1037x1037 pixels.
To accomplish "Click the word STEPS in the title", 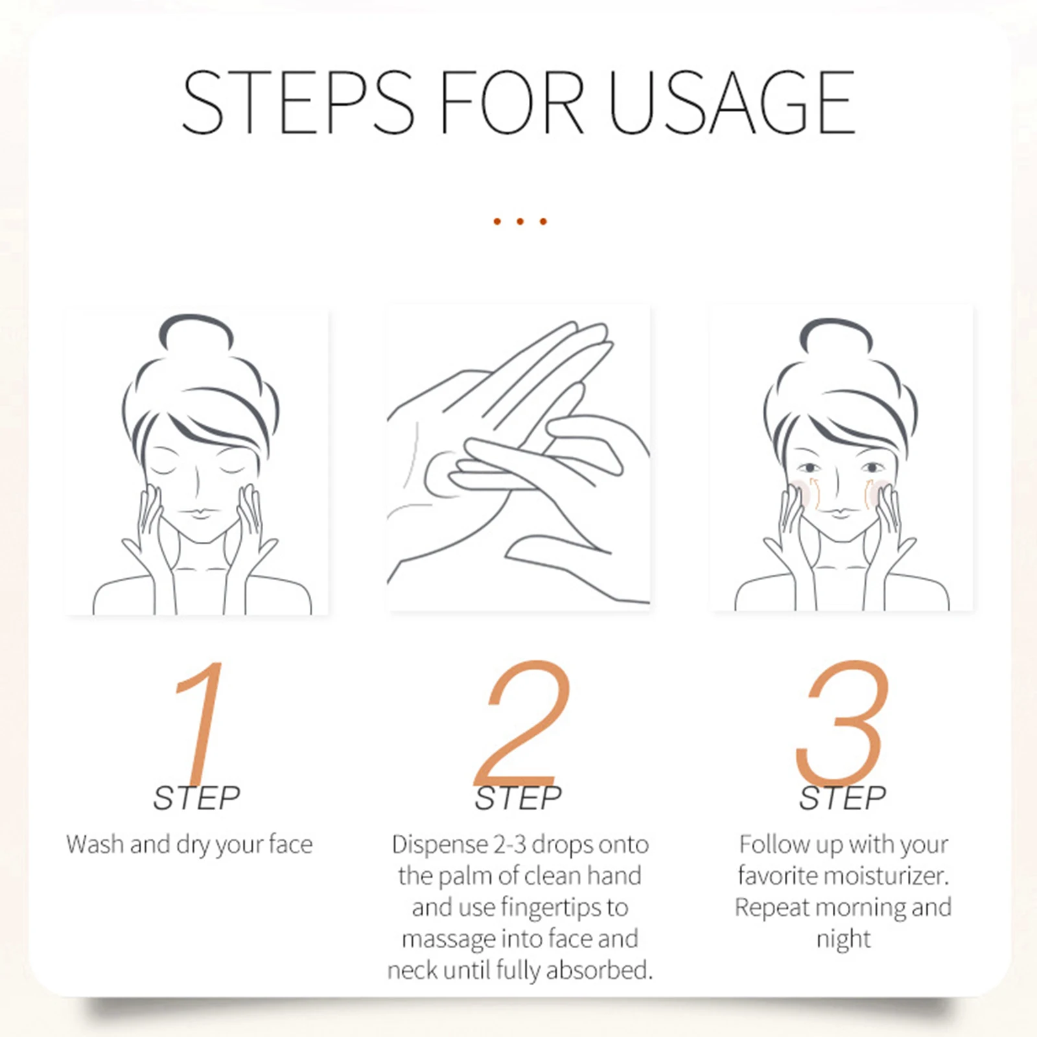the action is point(298,102).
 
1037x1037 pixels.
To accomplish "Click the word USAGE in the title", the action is point(732,102).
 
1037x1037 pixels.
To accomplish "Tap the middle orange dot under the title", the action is point(520,222).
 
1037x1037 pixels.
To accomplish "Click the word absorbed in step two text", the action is point(599,970).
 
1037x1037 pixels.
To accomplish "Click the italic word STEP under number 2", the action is point(518,798).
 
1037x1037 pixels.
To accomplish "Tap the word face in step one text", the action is point(290,845).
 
